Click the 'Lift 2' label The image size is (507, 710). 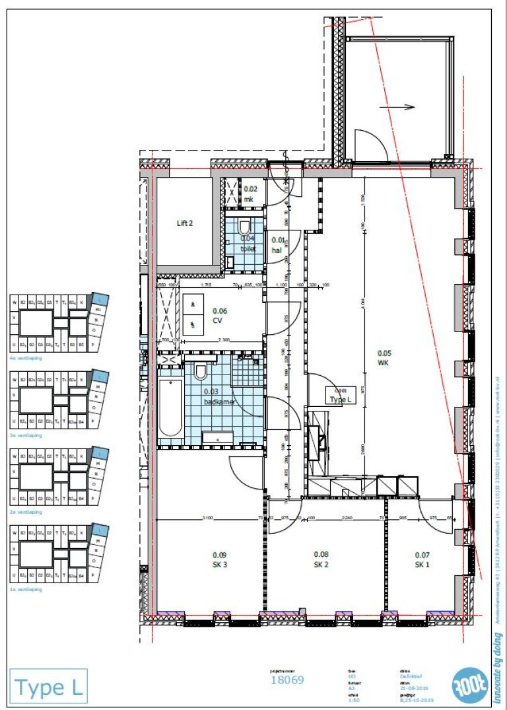(185, 223)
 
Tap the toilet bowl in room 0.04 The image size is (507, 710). (246, 227)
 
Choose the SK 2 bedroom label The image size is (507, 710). (321, 559)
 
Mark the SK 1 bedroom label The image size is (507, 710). (422, 559)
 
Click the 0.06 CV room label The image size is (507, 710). (218, 316)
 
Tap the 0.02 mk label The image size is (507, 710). (249, 194)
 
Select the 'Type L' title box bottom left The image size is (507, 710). (48, 687)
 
